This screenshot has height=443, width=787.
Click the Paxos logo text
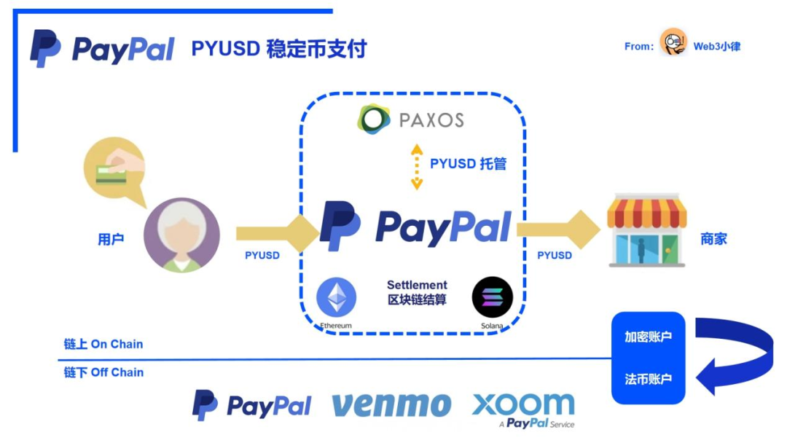click(431, 119)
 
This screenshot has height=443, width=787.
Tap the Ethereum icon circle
click(336, 297)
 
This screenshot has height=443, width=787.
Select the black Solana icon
click(493, 297)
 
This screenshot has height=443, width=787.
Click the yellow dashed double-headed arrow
click(416, 167)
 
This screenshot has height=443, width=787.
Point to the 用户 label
click(111, 238)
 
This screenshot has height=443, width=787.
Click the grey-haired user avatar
click(181, 235)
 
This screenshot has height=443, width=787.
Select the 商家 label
click(713, 238)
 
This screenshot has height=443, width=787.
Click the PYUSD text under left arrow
click(262, 255)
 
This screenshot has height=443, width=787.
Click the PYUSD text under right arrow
click(555, 255)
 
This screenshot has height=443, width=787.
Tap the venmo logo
click(391, 405)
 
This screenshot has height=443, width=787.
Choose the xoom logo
click(523, 405)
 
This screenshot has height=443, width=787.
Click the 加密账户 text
click(648, 337)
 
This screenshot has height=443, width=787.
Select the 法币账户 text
click(648, 379)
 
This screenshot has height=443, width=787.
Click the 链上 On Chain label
click(103, 344)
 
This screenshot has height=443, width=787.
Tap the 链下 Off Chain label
click(103, 372)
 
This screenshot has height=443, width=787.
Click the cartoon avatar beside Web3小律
click(673, 43)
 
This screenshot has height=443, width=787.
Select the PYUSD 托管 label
click(468, 163)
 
